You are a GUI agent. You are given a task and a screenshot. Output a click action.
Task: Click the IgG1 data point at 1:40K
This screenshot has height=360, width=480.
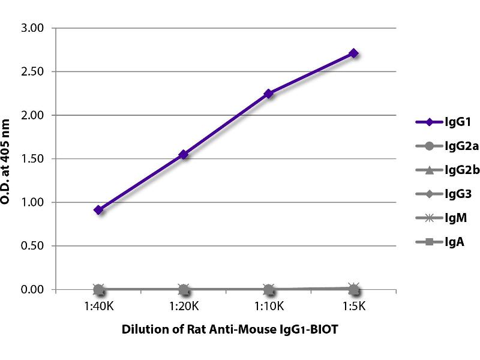(99, 210)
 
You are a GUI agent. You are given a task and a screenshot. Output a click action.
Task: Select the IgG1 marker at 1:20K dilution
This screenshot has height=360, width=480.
(184, 155)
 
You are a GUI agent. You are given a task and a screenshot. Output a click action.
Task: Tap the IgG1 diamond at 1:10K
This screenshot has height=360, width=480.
(269, 94)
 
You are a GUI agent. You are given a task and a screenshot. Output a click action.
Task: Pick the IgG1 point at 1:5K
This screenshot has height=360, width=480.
(354, 53)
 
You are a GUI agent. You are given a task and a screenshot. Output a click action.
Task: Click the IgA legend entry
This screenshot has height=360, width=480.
(439, 242)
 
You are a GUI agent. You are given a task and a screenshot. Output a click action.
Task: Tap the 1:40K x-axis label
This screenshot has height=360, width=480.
(99, 307)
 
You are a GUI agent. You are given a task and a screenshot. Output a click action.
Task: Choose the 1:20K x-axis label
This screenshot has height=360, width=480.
(184, 307)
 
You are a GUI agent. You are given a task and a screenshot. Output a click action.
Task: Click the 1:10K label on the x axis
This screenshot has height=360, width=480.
(269, 307)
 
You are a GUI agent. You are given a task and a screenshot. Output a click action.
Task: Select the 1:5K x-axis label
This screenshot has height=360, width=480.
(354, 307)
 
